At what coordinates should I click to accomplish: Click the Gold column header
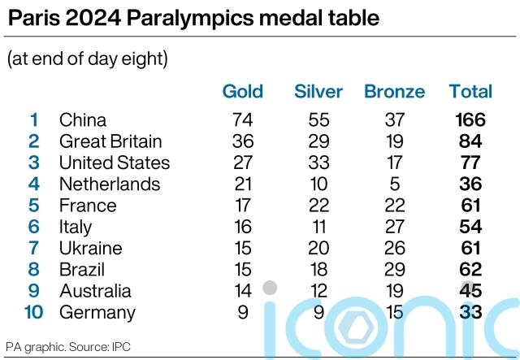tap(243, 91)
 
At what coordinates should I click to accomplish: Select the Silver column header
tap(318, 91)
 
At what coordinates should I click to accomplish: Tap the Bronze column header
tap(394, 91)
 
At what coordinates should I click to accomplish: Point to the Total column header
tap(470, 91)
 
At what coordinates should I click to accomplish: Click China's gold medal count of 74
tap(243, 120)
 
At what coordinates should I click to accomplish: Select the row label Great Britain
tap(110, 141)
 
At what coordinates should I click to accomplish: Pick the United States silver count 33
tap(318, 163)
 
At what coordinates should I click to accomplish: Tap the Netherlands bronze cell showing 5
tap(394, 184)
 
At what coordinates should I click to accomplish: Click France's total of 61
tap(470, 206)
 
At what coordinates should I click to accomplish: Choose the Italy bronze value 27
tap(394, 227)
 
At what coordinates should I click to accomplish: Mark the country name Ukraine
tap(90, 248)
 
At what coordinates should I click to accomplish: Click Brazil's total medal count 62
tap(470, 269)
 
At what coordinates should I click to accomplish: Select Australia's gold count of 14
tap(243, 291)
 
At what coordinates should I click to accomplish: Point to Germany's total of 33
tap(470, 312)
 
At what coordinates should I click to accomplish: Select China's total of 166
tap(470, 120)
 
